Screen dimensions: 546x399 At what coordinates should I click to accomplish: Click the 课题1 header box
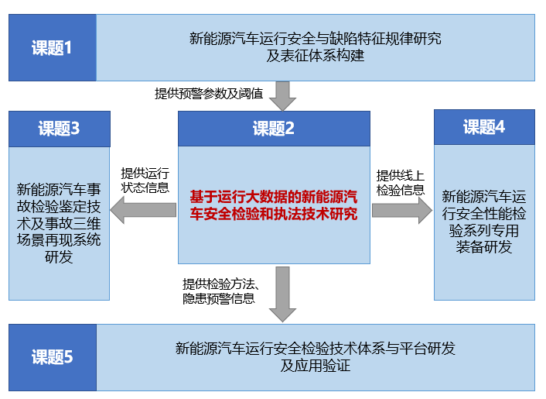tap(53, 48)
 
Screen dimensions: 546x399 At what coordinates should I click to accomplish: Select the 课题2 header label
tap(274, 129)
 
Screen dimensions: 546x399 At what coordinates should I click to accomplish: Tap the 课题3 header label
tap(59, 129)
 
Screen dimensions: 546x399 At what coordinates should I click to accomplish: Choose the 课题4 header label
tap(484, 126)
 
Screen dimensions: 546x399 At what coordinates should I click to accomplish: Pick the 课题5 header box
tap(53, 357)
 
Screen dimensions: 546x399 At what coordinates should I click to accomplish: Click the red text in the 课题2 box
tap(274, 205)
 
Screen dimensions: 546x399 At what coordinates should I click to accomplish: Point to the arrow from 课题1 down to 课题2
tap(283, 96)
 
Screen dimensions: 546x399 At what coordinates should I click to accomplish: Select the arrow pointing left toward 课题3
tap(143, 210)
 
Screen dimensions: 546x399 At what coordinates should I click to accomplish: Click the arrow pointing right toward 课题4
tap(402, 210)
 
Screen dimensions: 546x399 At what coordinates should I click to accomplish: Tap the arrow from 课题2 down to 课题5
tap(283, 294)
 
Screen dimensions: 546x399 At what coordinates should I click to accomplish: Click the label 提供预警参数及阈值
tap(209, 94)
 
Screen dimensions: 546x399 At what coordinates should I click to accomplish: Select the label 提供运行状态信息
tap(145, 181)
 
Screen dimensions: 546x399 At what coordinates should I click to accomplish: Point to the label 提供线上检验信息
tap(401, 183)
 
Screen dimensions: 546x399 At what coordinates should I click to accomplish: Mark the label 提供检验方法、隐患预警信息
tap(220, 291)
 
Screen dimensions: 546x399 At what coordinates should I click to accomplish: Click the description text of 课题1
tap(315, 47)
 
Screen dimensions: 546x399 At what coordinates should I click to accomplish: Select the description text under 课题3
tap(59, 223)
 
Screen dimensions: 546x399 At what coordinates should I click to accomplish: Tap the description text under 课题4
tap(484, 222)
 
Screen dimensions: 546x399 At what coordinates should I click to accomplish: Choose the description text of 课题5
tap(315, 357)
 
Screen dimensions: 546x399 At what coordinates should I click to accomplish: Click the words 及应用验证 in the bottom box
tap(315, 366)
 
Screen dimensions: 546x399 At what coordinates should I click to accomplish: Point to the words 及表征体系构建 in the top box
tap(315, 56)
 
